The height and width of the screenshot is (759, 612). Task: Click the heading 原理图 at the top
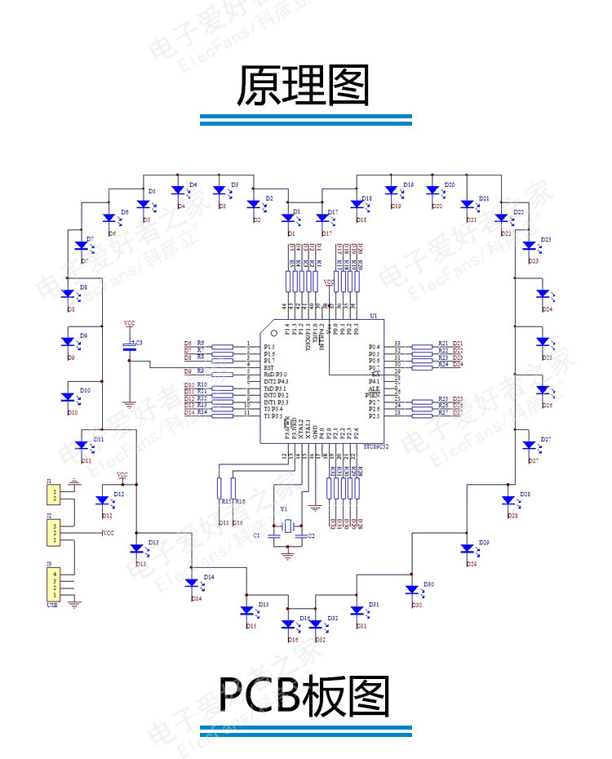click(304, 86)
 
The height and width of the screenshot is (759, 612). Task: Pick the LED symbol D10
click(69, 397)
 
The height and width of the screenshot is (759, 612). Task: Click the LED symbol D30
click(413, 590)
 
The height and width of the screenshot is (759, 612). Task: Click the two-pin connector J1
click(54, 494)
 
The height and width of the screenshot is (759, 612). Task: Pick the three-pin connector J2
click(54, 534)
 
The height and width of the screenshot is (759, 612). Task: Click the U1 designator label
click(374, 316)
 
